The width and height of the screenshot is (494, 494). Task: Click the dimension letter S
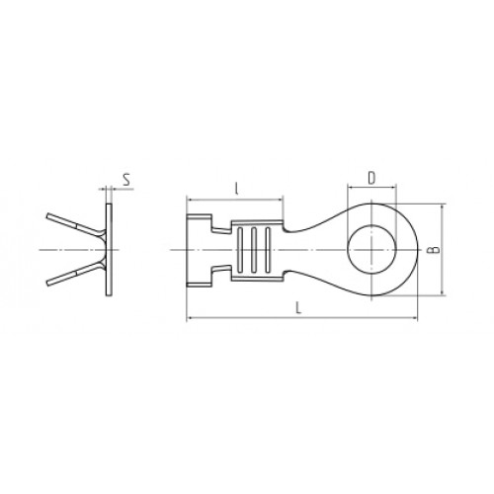pos(126,180)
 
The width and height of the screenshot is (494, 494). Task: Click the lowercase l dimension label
pos(236,189)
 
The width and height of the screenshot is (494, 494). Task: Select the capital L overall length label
pos(298,308)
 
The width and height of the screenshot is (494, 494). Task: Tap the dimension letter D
pos(371,178)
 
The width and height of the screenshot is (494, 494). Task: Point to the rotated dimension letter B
pos(435,250)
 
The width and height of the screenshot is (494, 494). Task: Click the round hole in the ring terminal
pos(371,250)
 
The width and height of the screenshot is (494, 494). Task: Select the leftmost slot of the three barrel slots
pos(240,250)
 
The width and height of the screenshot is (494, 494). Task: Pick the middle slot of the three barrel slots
pos(254,250)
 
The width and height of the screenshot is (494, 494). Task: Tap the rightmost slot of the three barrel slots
pos(268,250)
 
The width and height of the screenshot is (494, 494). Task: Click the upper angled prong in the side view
pos(76,225)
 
